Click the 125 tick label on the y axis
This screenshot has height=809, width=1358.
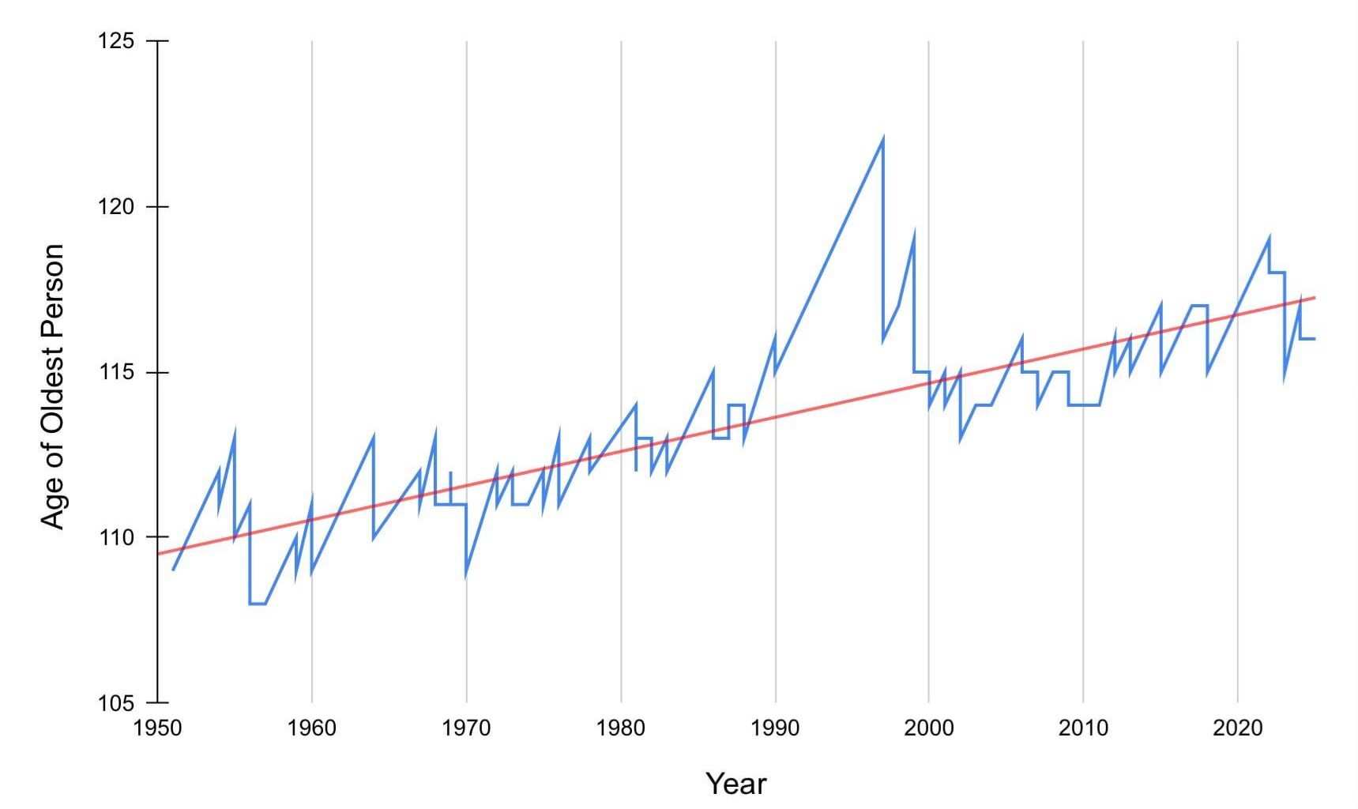point(116,40)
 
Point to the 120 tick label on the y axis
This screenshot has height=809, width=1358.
point(116,207)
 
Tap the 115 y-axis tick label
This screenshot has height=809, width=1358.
point(116,372)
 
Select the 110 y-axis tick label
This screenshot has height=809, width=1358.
point(116,537)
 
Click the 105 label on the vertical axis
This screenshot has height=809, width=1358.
point(116,702)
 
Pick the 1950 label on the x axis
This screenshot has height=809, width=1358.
point(158,728)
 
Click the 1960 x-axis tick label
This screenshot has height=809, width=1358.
point(312,728)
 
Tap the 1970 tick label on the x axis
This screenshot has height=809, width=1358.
point(466,728)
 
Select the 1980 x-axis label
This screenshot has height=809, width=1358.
point(621,728)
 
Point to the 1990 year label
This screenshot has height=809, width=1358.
point(775,728)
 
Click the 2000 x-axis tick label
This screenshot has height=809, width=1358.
point(929,728)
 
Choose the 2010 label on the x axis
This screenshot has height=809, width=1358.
point(1083,728)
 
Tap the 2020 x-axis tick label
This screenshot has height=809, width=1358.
point(1238,728)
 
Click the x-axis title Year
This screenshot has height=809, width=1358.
point(735,784)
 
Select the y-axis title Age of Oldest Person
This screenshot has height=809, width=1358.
point(52,386)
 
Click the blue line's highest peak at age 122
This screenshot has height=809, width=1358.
point(882,140)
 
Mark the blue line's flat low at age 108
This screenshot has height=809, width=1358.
point(258,604)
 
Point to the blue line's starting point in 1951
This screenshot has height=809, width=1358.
point(173,570)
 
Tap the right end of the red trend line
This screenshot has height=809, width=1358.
point(1314,298)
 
